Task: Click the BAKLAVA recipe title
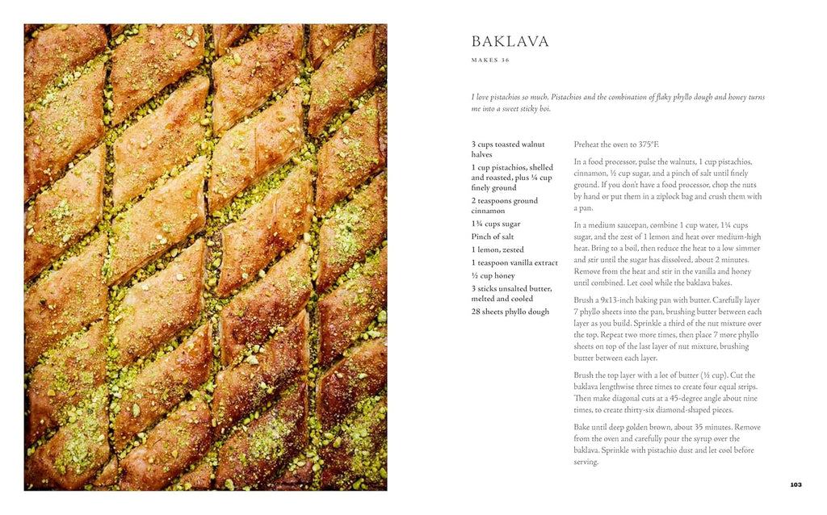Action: tap(510, 41)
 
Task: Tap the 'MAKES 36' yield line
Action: tap(490, 61)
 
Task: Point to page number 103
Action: tap(796, 484)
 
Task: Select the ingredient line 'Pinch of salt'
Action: tap(493, 237)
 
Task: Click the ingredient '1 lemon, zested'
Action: tap(499, 249)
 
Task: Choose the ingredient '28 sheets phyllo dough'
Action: tap(510, 312)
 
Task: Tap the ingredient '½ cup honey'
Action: tap(493, 275)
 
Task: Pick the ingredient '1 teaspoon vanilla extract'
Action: tap(514, 262)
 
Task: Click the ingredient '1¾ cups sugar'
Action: tap(496, 224)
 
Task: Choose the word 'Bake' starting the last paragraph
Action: tap(582, 428)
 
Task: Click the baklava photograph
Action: tap(205, 257)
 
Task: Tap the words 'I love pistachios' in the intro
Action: tap(498, 97)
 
